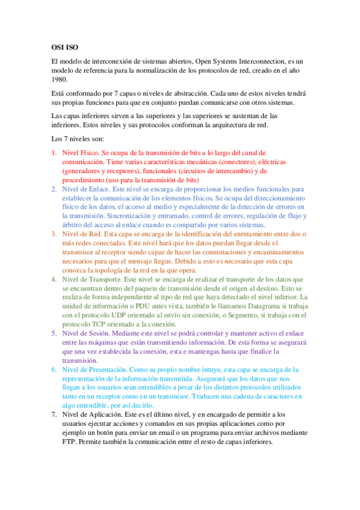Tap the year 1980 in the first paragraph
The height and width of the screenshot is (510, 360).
click(60, 79)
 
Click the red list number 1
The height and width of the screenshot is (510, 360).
click(53, 153)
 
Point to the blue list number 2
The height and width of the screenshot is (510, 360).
click(53, 189)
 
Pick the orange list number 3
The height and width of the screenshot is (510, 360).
click(53, 233)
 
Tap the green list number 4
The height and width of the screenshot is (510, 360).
click(53, 279)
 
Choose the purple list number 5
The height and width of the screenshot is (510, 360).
click(53, 333)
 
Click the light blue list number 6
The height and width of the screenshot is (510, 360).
click(53, 369)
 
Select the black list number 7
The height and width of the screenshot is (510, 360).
click(53, 414)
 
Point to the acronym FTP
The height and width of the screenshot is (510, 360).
click(71, 441)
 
